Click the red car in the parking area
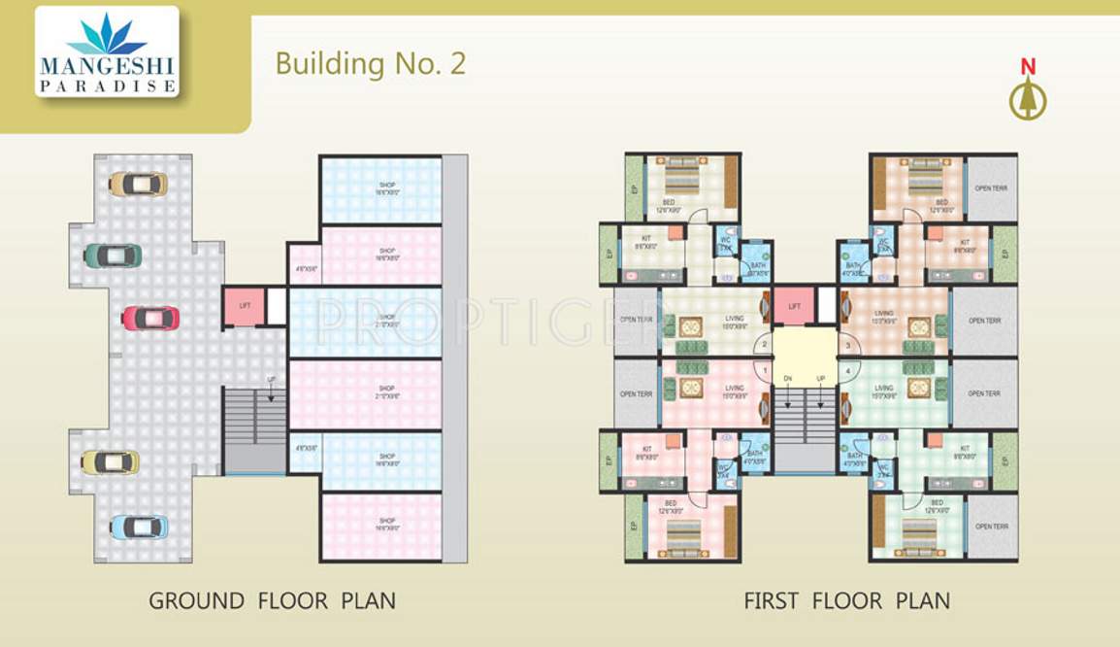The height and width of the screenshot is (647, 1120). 150,318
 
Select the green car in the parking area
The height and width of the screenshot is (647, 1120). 113,255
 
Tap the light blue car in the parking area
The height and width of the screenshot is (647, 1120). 139,527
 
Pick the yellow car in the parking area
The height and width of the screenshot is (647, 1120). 110,461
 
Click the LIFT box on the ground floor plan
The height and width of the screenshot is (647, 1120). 245,305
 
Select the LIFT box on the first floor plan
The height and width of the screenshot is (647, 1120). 794,305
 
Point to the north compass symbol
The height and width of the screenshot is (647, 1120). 1028,99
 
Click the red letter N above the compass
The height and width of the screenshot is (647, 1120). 1028,67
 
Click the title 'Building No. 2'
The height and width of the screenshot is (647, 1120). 370,64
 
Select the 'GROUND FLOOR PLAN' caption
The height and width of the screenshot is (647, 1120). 272,600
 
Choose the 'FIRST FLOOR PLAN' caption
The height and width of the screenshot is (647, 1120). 846,600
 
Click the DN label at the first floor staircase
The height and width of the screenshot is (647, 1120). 788,378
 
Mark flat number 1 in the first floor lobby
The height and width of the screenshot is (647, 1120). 766,370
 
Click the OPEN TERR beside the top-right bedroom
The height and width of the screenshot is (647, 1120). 991,187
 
